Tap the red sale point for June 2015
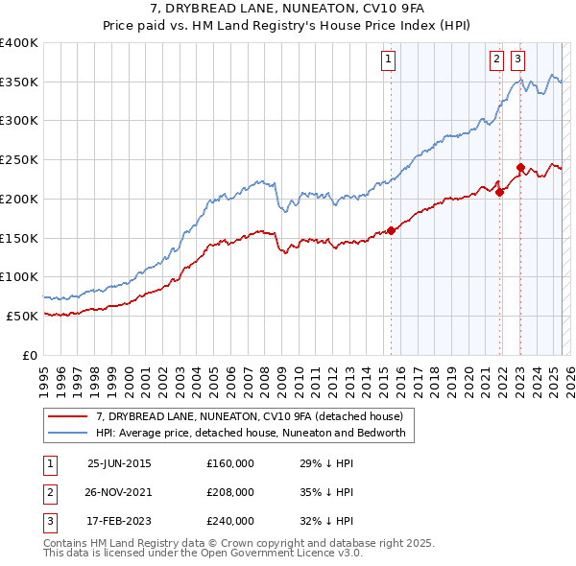pos(392,230)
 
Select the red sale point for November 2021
pos(500,192)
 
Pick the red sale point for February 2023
pos(520,167)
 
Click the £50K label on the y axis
pos(22,316)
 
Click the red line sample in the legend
pos(68,415)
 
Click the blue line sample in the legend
pos(68,433)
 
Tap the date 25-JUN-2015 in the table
pos(119,463)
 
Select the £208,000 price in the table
pos(230,492)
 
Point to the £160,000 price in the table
pos(230,463)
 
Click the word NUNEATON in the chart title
pos(287,10)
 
